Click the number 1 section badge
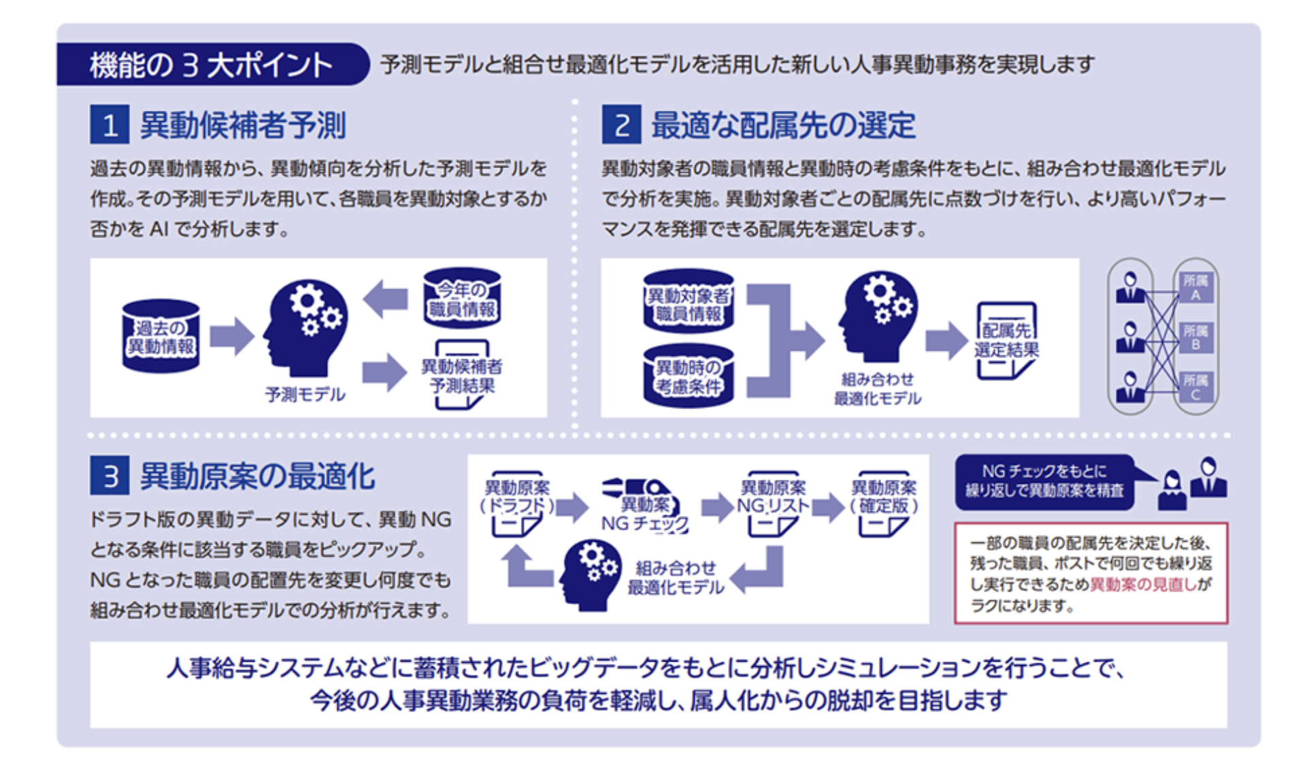pos(110,125)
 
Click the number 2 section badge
pos(620,125)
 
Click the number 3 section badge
pos(110,476)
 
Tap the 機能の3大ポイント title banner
pos(211,65)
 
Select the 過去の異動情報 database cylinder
pos(161,336)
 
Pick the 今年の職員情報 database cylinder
pos(462,298)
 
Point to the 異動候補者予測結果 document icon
pos(462,375)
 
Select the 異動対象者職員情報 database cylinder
pos(689,302)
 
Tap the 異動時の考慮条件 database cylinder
pos(689,376)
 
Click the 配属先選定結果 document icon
pos(1006,341)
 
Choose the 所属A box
pos(1195,287)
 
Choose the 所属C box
pos(1195,387)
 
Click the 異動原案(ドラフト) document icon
pos(517,504)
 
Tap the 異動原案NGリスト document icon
pos(773,504)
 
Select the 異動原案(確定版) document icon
pos(884,504)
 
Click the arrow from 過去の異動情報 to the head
pos(231,336)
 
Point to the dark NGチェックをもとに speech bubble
pos(1044,481)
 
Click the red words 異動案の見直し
pos(1142,584)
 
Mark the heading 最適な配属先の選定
pos(783,125)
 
